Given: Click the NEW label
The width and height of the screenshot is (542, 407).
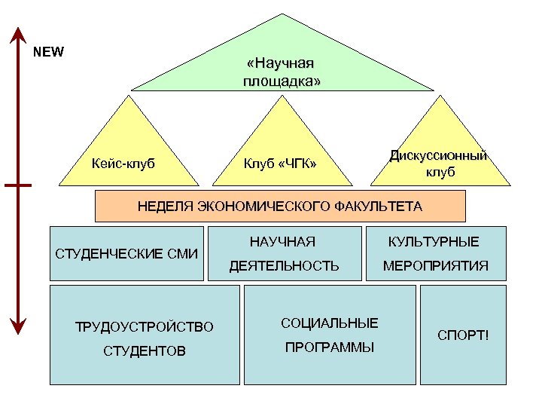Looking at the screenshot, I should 50,53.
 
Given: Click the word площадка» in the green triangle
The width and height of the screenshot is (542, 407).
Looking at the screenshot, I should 281,80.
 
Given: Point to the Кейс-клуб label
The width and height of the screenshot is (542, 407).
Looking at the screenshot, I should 123,163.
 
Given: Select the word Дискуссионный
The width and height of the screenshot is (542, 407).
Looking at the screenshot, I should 439,155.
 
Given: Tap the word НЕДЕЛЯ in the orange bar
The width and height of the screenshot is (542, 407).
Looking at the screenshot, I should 166,206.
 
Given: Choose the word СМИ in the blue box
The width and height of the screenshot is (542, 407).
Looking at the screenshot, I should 181,253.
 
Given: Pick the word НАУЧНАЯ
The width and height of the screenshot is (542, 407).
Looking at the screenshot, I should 282,241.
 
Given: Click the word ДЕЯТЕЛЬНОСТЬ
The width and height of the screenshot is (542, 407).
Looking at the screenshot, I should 284,266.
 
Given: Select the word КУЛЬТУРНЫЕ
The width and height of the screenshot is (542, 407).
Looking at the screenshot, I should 433,241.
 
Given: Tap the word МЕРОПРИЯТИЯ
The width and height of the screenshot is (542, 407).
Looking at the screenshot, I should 436,266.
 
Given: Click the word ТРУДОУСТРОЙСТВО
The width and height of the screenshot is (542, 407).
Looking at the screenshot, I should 145,327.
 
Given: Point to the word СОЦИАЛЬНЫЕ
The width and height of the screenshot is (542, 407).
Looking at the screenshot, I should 329,323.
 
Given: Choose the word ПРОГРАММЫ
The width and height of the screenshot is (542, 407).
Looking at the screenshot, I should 329,348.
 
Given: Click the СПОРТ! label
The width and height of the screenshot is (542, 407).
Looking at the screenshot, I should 464,333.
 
